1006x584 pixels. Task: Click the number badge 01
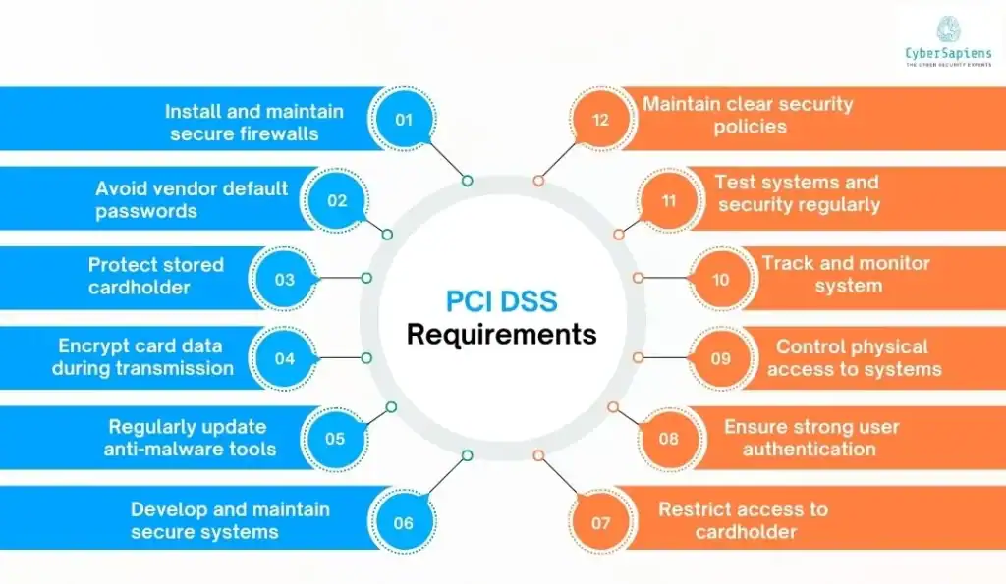tap(403, 120)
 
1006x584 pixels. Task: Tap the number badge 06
tap(403, 522)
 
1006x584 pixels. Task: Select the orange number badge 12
tap(599, 120)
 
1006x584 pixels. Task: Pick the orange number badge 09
tap(720, 357)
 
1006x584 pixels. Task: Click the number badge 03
tap(284, 279)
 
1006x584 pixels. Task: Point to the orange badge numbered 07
tap(600, 522)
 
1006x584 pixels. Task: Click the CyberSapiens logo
tap(948, 40)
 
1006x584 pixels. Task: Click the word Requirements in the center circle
tap(501, 334)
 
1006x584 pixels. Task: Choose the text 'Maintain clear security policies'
tap(748, 114)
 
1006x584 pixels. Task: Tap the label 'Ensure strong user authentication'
tap(811, 438)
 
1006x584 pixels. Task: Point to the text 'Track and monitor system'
tap(845, 274)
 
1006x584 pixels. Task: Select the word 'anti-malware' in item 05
tap(155, 450)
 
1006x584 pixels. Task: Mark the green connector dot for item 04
tap(366, 357)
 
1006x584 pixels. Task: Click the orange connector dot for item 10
tap(638, 278)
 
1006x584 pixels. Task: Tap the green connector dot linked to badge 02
tap(387, 235)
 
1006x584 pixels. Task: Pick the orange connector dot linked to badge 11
tap(619, 235)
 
